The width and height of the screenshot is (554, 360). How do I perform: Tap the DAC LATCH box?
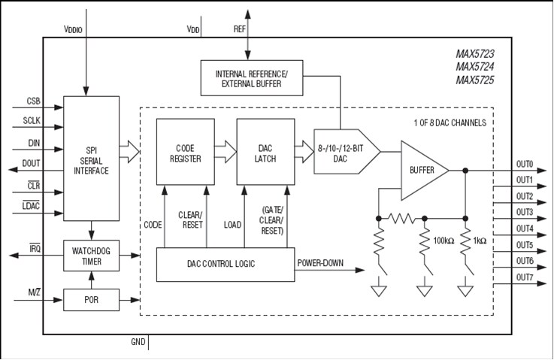point(265,152)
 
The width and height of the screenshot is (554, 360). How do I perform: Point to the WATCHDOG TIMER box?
point(92,256)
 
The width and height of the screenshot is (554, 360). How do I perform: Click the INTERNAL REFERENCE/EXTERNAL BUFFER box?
point(252,78)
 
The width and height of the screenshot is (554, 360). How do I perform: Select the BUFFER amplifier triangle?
point(421,171)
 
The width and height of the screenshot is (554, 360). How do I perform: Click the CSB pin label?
point(34,101)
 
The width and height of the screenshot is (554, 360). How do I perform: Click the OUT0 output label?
point(524,165)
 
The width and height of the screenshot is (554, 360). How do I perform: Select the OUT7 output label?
point(524,277)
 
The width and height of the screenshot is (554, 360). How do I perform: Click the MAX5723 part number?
point(474,54)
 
